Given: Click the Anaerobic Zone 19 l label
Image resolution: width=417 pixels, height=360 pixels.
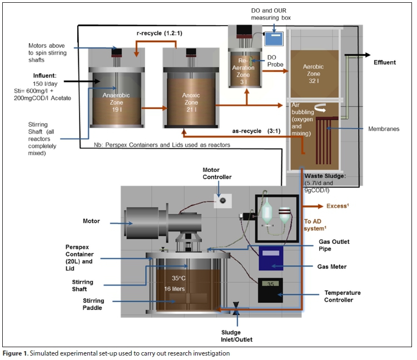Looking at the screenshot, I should click(116, 102).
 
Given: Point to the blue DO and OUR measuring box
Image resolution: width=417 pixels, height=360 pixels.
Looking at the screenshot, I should click(273, 38).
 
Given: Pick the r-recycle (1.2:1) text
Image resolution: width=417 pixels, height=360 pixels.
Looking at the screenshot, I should click(157, 33).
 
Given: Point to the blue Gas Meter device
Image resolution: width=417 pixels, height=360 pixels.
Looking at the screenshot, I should click(271, 259).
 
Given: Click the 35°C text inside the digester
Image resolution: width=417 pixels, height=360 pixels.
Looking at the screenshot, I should click(178, 278).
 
